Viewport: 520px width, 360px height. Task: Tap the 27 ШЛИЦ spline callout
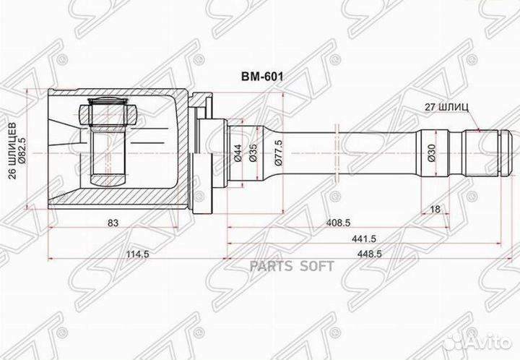446,106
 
